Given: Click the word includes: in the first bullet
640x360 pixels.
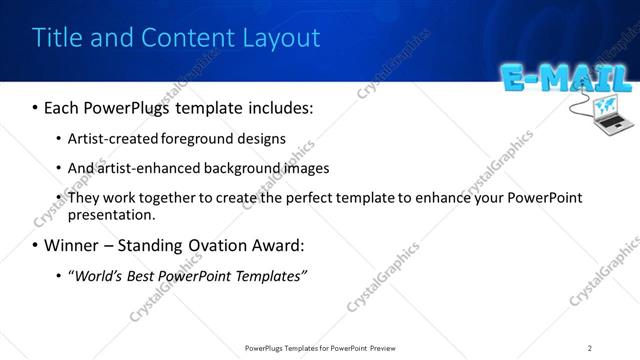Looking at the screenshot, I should (x=276, y=106).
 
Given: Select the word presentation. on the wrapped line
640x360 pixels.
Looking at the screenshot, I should (x=111, y=215).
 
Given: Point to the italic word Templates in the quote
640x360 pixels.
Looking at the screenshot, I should (x=266, y=276).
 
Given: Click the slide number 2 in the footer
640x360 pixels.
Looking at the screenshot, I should (x=590, y=347).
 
